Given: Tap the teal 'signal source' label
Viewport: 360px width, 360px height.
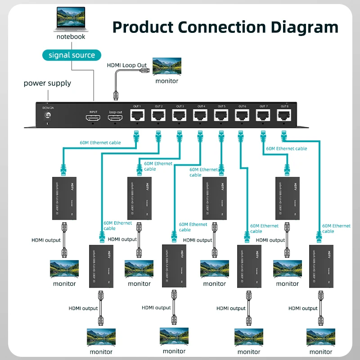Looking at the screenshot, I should pos(72,55).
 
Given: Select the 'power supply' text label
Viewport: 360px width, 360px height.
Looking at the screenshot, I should pos(47,83).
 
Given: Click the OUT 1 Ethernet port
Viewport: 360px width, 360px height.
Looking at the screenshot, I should pos(137,115).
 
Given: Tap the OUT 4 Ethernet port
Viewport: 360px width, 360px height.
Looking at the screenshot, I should pos(200,115).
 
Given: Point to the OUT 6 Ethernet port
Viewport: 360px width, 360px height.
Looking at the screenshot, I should pos(242,115).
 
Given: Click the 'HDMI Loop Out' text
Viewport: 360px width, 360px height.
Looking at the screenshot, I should pos(127,65).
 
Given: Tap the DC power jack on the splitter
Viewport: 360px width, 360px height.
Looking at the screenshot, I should pos(47,116).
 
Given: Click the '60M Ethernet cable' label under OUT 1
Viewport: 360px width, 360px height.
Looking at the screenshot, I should pos(100,143).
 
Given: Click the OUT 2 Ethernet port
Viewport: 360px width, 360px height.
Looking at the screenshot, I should pos(158,115).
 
